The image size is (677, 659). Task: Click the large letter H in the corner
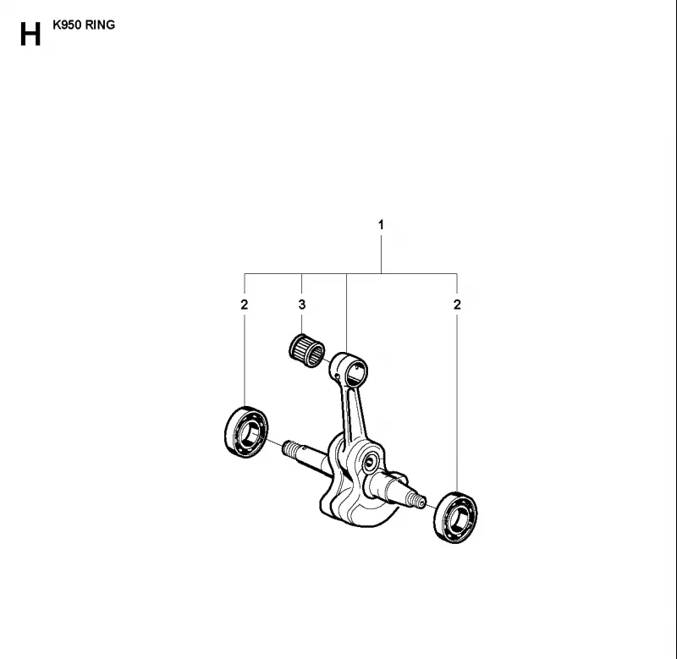[30, 34]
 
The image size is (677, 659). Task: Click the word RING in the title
[100, 25]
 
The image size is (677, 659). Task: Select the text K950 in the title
[67, 25]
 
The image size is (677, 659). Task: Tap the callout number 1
[381, 225]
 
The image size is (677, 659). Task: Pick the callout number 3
[302, 305]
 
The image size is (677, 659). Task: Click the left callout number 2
[245, 305]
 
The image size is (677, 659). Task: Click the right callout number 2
[457, 305]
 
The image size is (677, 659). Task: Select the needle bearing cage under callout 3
[306, 350]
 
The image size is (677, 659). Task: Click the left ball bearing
[246, 432]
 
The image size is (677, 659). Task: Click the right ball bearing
[455, 518]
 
